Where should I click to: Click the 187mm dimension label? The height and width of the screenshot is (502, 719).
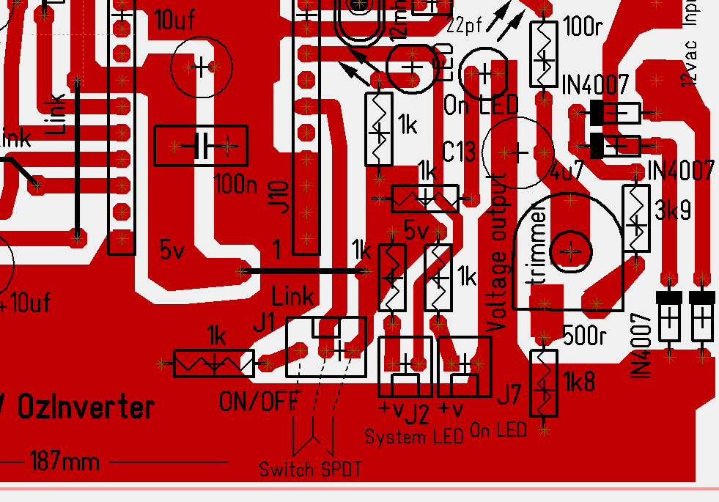(64, 462)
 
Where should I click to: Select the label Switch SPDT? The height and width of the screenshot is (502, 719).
(310, 469)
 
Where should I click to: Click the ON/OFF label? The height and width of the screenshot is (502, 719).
(259, 401)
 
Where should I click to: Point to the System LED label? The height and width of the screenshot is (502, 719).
(414, 438)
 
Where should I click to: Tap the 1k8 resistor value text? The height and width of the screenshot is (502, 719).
(579, 381)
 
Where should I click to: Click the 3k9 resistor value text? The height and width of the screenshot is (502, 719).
(673, 211)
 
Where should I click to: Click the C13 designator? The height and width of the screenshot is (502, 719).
(460, 152)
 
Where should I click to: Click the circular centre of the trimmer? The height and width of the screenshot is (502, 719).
(570, 251)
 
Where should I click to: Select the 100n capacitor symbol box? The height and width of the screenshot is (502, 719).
(201, 147)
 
